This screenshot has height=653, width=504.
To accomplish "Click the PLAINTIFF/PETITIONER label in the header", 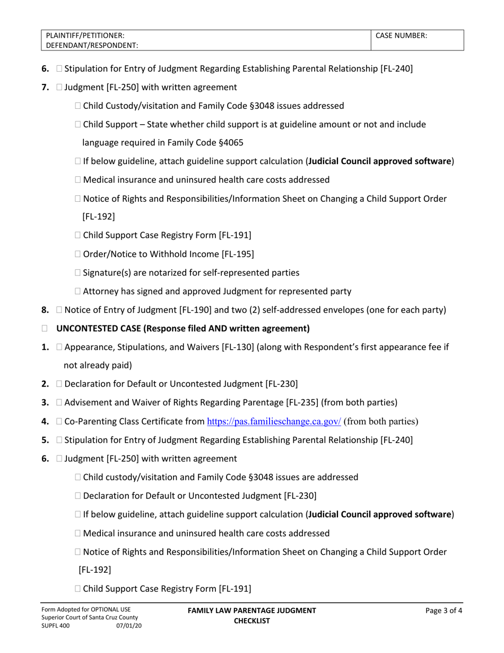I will tap(85, 36).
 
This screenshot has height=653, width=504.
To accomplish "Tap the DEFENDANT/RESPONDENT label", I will tap(92, 46).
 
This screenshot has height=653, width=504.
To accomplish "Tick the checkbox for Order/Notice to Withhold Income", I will tap(79, 254).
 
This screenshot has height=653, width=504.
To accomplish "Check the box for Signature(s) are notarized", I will tap(79, 273).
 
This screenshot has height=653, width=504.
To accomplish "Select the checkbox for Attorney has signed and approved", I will tap(79, 291).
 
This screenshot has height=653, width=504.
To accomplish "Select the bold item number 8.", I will tap(45, 310).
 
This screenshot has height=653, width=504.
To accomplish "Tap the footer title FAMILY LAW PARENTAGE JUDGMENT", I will tap(252, 611).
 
